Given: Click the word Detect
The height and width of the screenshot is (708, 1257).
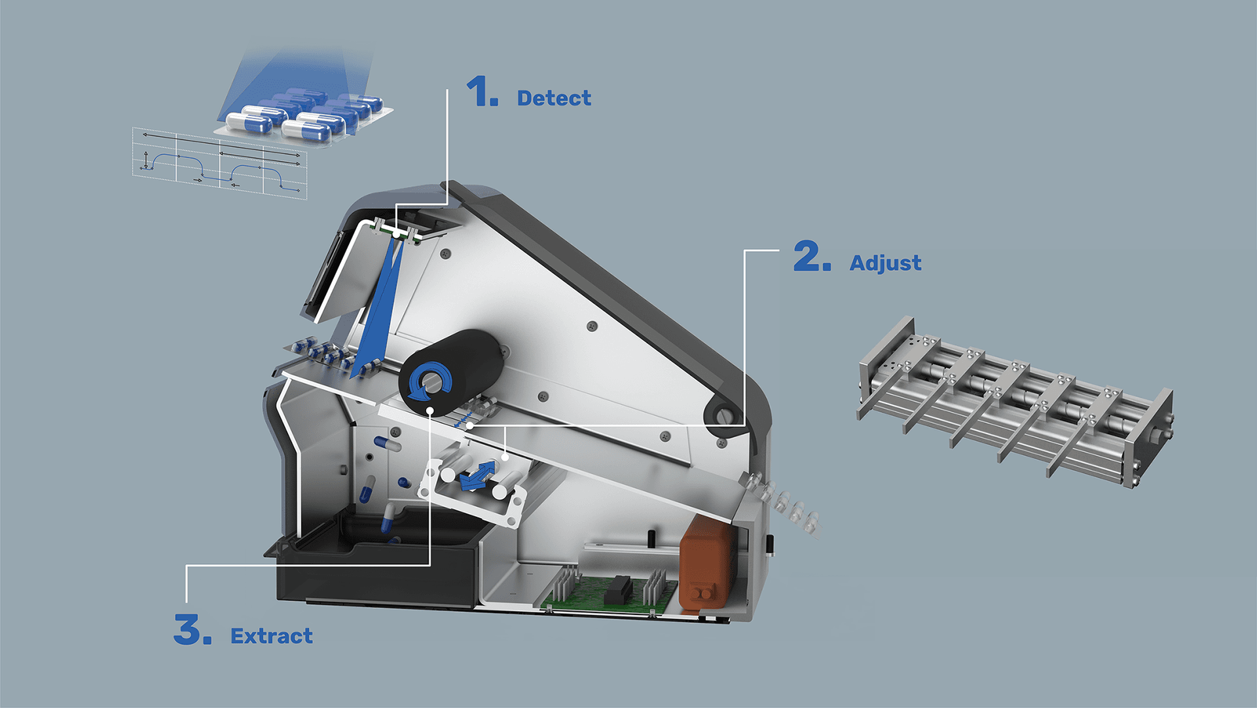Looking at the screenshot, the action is click(554, 98).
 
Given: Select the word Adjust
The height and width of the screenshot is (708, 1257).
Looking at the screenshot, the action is click(885, 263).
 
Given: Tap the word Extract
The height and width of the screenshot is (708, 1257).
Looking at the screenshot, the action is click(272, 636).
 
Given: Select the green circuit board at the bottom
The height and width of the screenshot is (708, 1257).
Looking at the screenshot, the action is click(610, 593).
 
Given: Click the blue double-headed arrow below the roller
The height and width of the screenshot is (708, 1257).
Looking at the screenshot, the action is click(479, 475).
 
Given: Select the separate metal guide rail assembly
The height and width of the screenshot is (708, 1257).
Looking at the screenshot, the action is click(1015, 402).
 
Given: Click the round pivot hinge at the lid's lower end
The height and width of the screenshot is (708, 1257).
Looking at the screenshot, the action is click(721, 414).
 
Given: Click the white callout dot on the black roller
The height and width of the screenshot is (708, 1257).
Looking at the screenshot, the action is click(430, 411).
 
